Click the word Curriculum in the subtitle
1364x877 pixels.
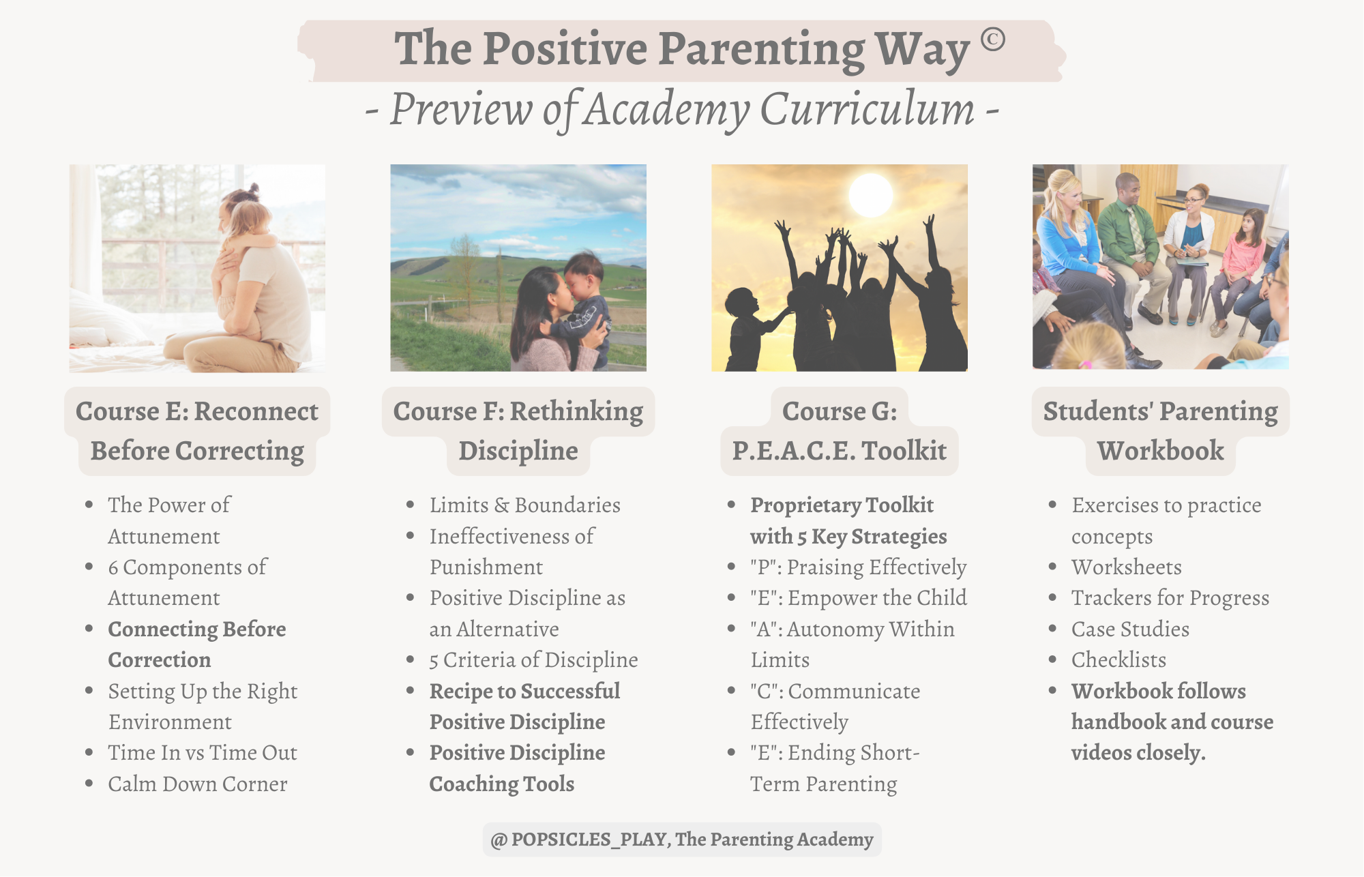pos(868,109)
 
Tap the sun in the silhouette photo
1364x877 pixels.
pos(871,196)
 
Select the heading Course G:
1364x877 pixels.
pos(840,411)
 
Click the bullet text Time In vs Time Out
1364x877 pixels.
pos(203,752)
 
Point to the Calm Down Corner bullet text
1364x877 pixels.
pos(198,784)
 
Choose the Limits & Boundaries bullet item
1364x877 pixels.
pos(525,505)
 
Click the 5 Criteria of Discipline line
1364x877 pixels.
pos(534,659)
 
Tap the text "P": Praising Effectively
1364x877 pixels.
pos(859,567)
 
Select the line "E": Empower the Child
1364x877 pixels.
pos(859,597)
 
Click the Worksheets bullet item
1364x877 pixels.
pos(1127,567)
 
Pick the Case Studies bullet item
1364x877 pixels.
pos(1130,629)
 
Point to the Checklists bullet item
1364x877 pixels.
pos(1118,659)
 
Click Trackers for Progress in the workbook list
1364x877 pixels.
pos(1170,598)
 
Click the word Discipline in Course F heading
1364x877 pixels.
pos(518,451)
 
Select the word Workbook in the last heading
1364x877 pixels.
pos(1161,451)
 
